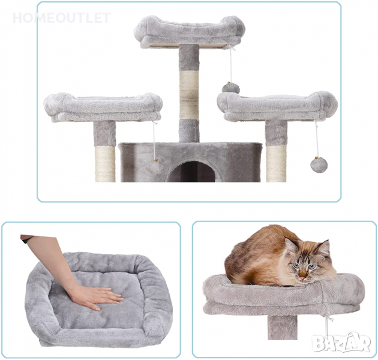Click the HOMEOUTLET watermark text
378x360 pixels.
pos(61,18)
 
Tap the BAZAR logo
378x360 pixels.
pos(341,342)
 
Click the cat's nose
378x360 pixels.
pos(302,278)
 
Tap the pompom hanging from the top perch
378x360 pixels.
pos(231,88)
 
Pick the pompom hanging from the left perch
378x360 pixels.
pos(155,166)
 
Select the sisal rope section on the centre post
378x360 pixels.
pos(189,95)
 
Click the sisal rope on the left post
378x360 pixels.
pos(105,164)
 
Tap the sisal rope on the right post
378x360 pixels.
pos(276,163)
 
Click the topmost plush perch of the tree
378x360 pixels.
pos(190,30)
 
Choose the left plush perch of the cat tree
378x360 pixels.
pos(103,107)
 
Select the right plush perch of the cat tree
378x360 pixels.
pos(277,106)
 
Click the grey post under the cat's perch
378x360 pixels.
pos(282,327)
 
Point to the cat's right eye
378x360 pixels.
pos(296,265)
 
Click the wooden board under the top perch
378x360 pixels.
pos(184,46)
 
